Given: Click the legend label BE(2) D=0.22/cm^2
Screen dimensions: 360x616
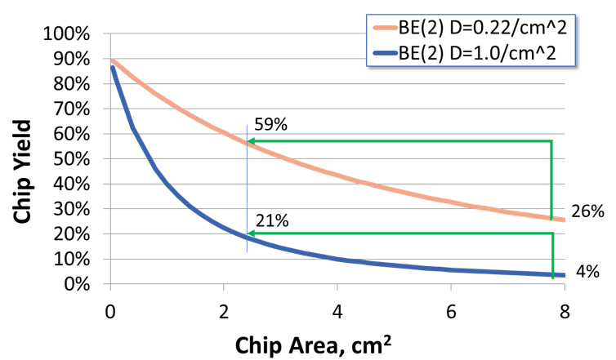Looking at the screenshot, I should click(x=482, y=31).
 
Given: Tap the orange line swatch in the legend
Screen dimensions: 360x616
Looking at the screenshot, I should click(x=384, y=31).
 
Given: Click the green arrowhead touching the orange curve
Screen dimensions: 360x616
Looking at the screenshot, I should click(x=252, y=141).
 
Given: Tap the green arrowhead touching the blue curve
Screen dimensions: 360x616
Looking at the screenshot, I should click(x=252, y=233).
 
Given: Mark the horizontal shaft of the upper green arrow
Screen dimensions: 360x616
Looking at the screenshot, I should click(x=400, y=141).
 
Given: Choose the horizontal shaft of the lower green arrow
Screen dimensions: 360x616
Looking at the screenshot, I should click(x=400, y=233).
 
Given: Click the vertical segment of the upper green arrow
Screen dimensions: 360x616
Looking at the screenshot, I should click(x=552, y=180).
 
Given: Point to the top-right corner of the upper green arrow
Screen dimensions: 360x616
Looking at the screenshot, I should click(x=552, y=141).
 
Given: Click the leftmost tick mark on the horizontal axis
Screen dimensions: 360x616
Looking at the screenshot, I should click(x=110, y=288).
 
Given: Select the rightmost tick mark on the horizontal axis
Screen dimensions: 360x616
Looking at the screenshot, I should click(x=565, y=288).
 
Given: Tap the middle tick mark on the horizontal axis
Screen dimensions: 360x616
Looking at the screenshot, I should click(x=337, y=288).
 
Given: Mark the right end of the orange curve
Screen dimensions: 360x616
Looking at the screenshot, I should click(x=564, y=220).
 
